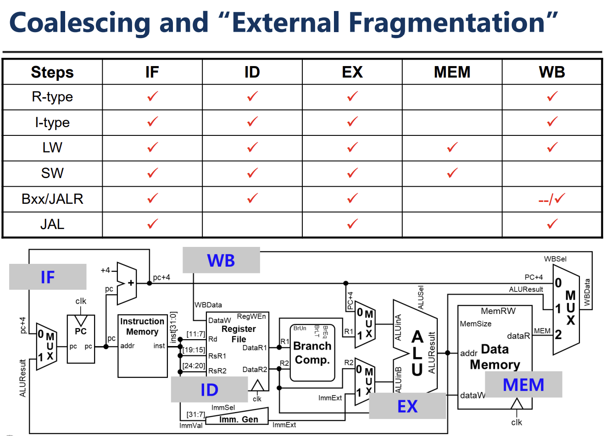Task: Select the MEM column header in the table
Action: (452, 72)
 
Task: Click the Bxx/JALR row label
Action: (52, 199)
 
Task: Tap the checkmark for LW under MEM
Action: (452, 147)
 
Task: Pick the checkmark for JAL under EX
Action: (352, 224)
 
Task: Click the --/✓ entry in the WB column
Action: (552, 199)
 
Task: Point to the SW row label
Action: (52, 173)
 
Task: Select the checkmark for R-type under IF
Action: (152, 96)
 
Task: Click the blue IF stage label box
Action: (48, 277)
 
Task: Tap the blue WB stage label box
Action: (221, 260)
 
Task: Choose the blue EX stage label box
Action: (407, 406)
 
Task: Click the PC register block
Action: (81, 339)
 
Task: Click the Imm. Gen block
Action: (238, 419)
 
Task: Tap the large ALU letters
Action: (417, 352)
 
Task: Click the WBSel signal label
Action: (555, 259)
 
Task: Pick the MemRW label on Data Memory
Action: (498, 311)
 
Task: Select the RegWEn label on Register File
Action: (251, 316)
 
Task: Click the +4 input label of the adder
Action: (106, 270)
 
